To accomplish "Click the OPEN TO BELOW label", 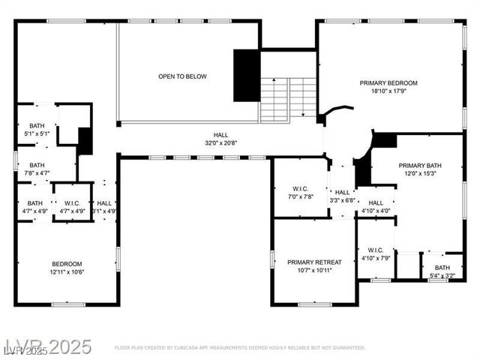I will click(x=182, y=76).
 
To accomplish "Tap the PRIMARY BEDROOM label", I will click(x=388, y=82).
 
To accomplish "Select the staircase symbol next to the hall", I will click(x=289, y=99).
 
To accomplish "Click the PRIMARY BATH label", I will click(x=419, y=166).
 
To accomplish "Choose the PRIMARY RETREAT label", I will click(x=314, y=262).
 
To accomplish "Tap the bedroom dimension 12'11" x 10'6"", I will click(x=67, y=271).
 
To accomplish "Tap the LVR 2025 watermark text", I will click(x=46, y=347).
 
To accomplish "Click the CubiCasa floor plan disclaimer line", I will click(x=239, y=348).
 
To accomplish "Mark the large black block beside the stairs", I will click(x=246, y=75).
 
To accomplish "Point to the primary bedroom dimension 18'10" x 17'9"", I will click(x=388, y=91).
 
